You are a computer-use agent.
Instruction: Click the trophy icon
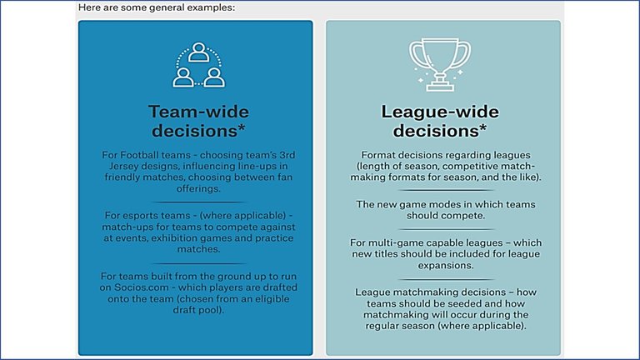pyautogui.click(x=440, y=64)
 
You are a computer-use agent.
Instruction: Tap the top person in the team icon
pyautogui.click(x=199, y=52)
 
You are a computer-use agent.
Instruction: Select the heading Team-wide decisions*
pyautogui.click(x=199, y=121)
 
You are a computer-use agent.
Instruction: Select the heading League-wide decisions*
pyautogui.click(x=440, y=121)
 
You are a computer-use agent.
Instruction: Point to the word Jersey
pyautogui.click(x=123, y=166)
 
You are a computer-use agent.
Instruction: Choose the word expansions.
pyautogui.click(x=445, y=265)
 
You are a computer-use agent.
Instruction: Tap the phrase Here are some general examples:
pyautogui.click(x=157, y=7)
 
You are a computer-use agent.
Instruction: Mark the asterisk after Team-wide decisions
pyautogui.click(x=241, y=128)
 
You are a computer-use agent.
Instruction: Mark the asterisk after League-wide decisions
pyautogui.click(x=482, y=128)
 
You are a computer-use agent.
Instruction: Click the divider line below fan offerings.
pyautogui.click(x=199, y=202)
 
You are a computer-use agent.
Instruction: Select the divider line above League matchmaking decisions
pyautogui.click(x=446, y=280)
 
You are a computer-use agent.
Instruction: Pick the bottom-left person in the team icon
pyautogui.click(x=183, y=77)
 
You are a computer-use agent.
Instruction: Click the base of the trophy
pyautogui.click(x=440, y=87)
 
